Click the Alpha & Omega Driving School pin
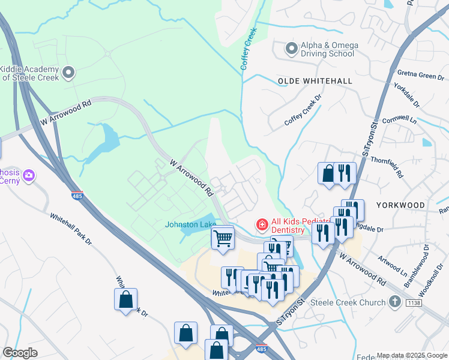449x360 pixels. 292,49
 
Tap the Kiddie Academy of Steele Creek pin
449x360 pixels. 68,73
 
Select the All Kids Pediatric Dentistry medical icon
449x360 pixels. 262,225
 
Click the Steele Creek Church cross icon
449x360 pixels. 395,302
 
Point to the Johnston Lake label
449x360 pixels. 191,224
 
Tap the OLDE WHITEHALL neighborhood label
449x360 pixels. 315,80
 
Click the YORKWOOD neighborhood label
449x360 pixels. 400,205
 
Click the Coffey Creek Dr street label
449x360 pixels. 303,114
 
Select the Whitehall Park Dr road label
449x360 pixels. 71,229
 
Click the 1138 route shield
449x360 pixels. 414,302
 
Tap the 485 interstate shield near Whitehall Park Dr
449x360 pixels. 79,196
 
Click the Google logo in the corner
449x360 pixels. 20,353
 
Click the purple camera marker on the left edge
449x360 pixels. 29,176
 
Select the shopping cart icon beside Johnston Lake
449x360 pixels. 223,238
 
